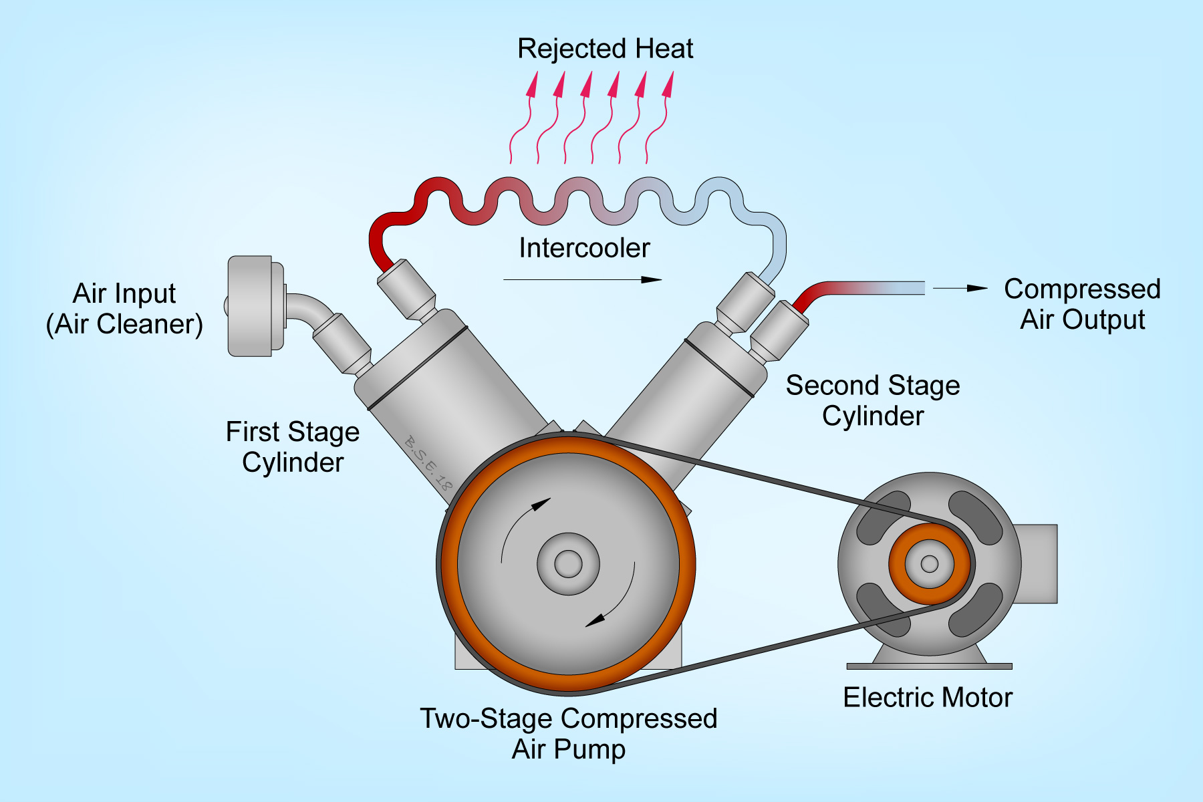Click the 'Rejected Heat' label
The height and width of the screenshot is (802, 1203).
[605, 49]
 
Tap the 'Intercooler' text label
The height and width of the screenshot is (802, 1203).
[584, 248]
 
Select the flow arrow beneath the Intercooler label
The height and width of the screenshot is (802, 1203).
[581, 279]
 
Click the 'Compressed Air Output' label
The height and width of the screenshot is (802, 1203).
[1082, 304]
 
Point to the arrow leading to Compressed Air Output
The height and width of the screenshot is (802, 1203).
[960, 288]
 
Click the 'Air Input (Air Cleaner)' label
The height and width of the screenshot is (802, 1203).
[124, 309]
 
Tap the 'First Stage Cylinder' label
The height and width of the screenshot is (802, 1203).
[293, 446]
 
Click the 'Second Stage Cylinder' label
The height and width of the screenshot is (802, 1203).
[873, 400]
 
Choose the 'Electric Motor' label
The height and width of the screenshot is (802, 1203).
[928, 697]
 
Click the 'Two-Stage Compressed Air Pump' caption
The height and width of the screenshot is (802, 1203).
[568, 733]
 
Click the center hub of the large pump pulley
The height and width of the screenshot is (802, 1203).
[568, 563]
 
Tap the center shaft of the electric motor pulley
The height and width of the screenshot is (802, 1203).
[930, 563]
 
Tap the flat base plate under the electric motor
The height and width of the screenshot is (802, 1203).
[929, 666]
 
